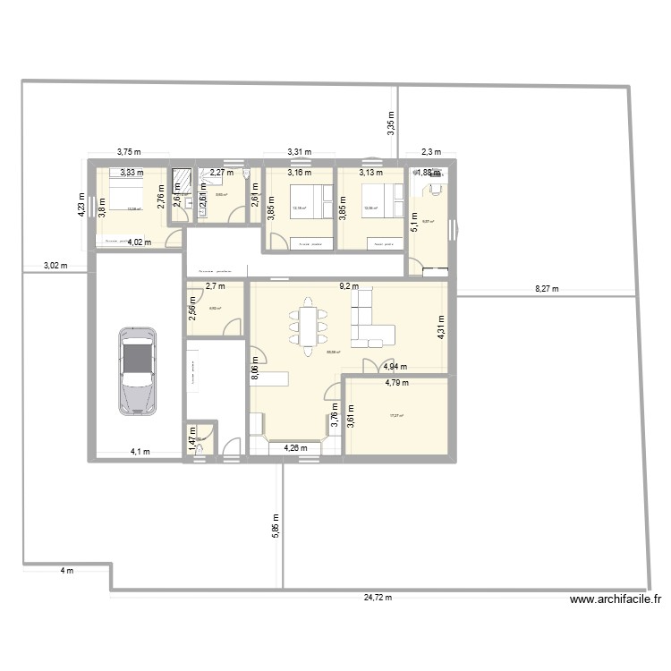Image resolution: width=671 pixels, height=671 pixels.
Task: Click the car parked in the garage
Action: tap(137, 369)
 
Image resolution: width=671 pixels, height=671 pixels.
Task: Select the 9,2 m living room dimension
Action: tap(348, 287)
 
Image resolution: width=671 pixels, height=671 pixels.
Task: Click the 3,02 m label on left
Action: tap(55, 266)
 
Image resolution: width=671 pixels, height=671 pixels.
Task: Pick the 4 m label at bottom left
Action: tap(66, 571)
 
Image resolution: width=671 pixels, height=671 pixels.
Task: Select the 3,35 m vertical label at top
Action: tap(391, 125)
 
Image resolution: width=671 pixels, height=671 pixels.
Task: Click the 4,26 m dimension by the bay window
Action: tap(295, 448)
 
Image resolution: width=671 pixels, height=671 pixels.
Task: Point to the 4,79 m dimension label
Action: tap(396, 383)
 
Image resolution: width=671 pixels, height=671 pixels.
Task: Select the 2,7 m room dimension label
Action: tap(216, 287)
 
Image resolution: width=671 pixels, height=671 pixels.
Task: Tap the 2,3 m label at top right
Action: tap(431, 152)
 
